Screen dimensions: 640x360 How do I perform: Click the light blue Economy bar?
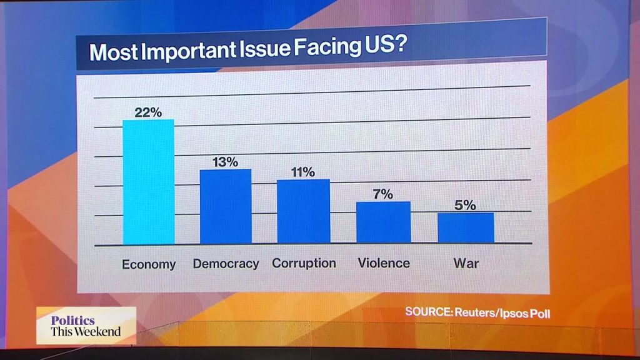149,182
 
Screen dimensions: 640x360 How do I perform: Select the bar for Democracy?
226,206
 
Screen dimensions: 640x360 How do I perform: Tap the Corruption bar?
304,211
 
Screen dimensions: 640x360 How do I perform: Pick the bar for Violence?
384,222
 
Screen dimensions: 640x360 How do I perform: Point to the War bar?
466,227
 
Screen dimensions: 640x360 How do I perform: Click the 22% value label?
148,112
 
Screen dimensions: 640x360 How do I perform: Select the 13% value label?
225,162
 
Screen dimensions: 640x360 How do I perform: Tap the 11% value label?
303,172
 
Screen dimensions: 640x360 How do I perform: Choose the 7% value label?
383,194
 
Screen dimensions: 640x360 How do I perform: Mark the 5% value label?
465,205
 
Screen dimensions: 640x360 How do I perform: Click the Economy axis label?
149,264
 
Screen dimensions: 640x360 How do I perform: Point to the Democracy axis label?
226,264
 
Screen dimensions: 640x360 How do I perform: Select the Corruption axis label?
304,263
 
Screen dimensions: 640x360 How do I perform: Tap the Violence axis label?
384,263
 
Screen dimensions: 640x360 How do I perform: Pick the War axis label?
466,263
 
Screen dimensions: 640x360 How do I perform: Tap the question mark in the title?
401,44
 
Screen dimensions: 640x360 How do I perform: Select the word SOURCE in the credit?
429,312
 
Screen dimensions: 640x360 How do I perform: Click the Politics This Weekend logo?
86,326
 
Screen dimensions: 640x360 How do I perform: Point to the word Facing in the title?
327,47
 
